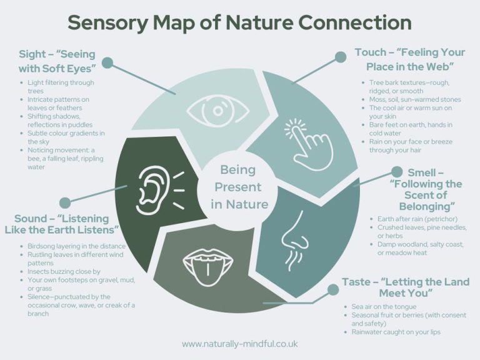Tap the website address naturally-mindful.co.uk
(x=239, y=344)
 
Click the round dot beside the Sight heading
(x=107, y=62)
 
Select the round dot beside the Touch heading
(x=341, y=57)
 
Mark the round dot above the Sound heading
(x=64, y=202)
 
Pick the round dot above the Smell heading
(x=396, y=171)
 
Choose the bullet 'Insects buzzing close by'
(x=64, y=272)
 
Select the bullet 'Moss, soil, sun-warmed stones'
(x=414, y=99)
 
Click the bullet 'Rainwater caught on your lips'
(x=396, y=332)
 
